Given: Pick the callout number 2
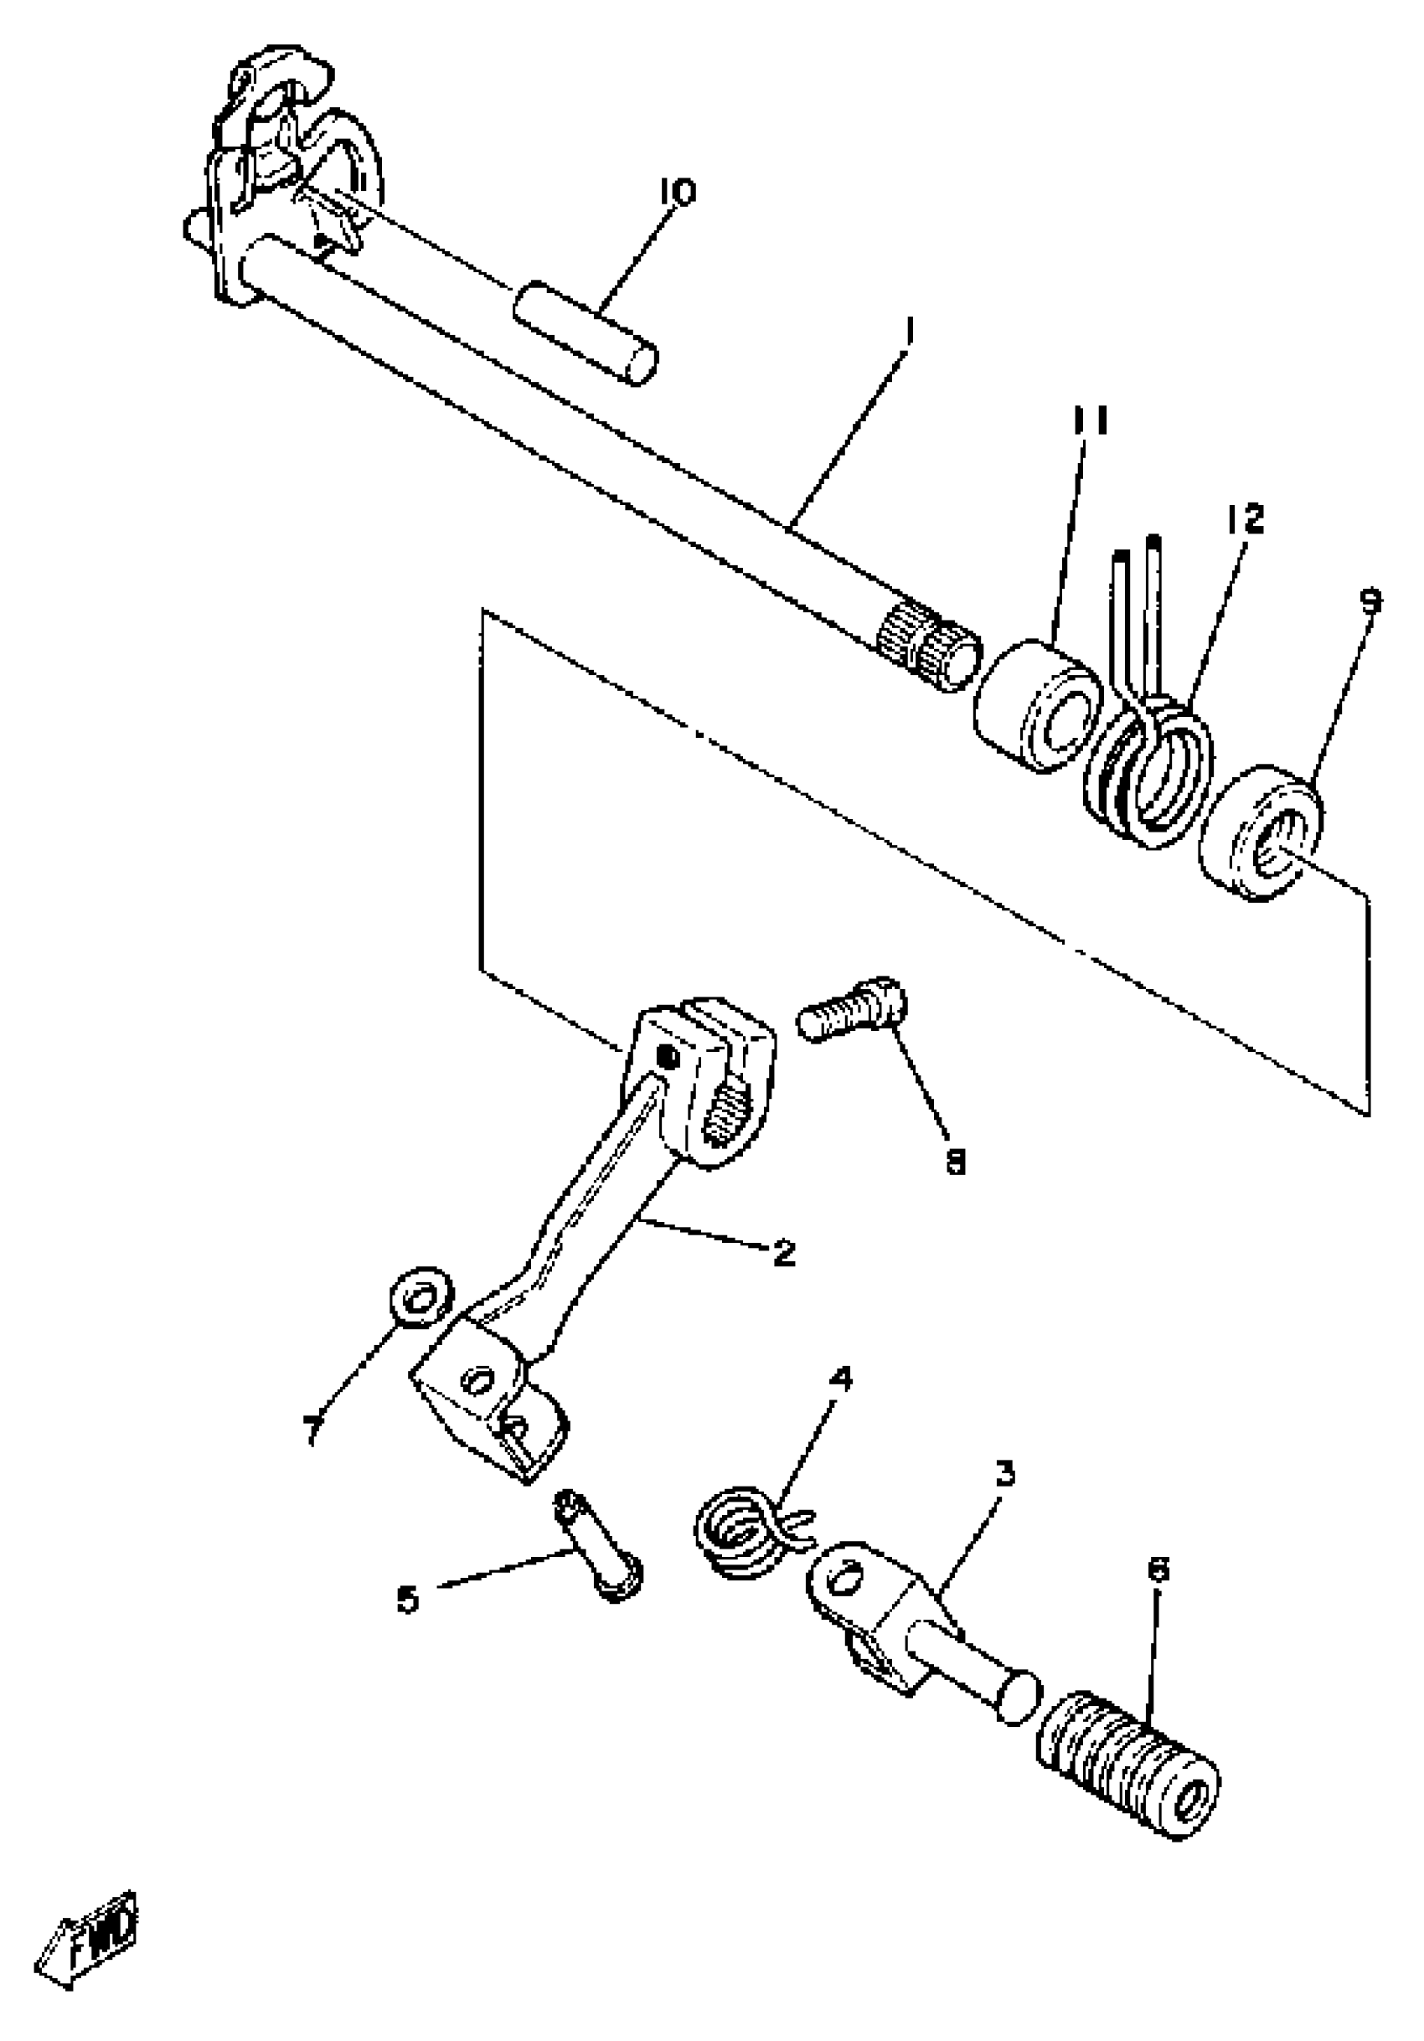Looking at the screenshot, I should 783,1255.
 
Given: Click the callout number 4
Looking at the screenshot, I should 840,1379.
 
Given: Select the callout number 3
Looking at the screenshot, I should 1004,1475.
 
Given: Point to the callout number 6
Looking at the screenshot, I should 1158,1569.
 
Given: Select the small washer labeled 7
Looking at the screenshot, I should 421,1301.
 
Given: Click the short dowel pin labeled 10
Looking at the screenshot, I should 585,331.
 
